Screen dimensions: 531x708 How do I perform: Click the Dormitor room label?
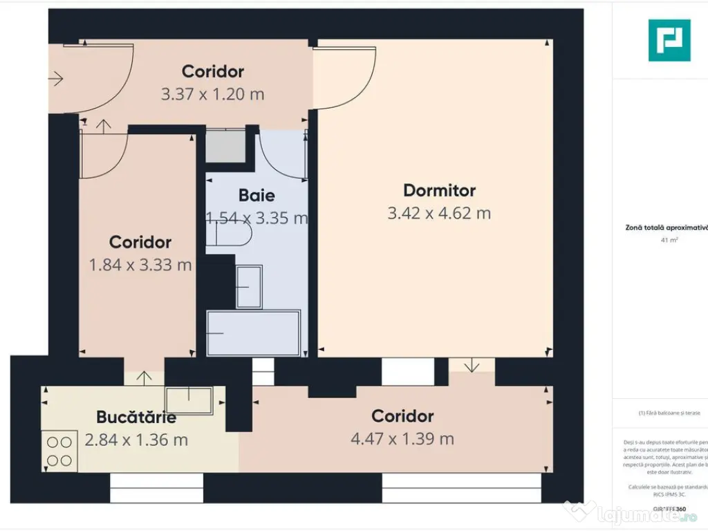(x=439, y=190)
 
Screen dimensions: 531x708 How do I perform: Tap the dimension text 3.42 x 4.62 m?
(x=439, y=213)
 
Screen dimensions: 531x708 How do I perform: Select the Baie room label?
(x=257, y=195)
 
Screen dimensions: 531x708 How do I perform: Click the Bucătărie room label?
(x=136, y=418)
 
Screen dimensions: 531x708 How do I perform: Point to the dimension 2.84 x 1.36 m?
(x=136, y=440)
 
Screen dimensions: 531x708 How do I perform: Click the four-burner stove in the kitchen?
(x=59, y=450)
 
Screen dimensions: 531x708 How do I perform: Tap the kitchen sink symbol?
(x=189, y=400)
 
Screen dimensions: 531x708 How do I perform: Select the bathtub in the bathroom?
(x=254, y=333)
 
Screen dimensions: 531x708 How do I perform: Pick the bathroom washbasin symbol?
(x=249, y=286)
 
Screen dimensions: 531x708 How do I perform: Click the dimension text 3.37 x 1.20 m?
(x=212, y=94)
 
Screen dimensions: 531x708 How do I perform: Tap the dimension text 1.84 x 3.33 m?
(x=140, y=264)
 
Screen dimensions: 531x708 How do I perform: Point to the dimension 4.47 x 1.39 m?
(x=402, y=439)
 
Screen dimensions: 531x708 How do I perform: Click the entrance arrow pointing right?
(x=55, y=79)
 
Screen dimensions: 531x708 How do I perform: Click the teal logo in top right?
(x=669, y=40)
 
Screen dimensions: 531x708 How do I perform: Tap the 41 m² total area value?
(x=669, y=240)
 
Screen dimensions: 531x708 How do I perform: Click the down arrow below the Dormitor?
(x=471, y=365)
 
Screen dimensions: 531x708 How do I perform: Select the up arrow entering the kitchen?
(x=144, y=378)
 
